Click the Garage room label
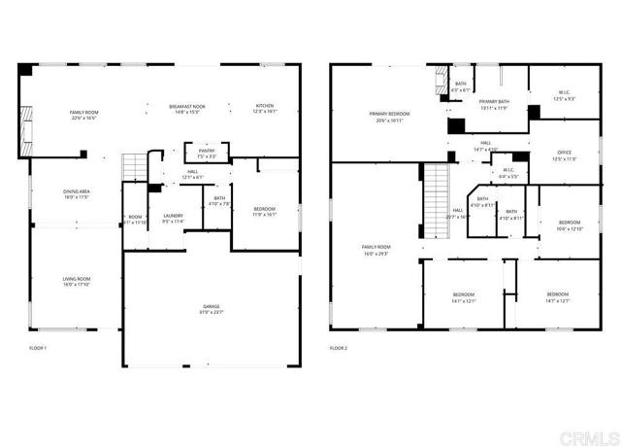[x=211, y=309]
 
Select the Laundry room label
[x=173, y=219]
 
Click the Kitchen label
[x=264, y=109]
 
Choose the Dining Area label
[x=77, y=194]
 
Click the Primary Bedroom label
[x=387, y=117]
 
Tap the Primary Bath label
[x=494, y=104]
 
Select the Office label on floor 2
[x=564, y=156]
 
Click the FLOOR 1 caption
[x=38, y=347]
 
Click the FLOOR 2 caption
[x=339, y=347]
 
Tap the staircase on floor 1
[x=132, y=169]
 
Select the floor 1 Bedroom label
[x=264, y=212]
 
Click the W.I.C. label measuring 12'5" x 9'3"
[x=564, y=96]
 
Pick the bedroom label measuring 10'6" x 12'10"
[x=570, y=225]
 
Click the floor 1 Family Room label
[x=83, y=115]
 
